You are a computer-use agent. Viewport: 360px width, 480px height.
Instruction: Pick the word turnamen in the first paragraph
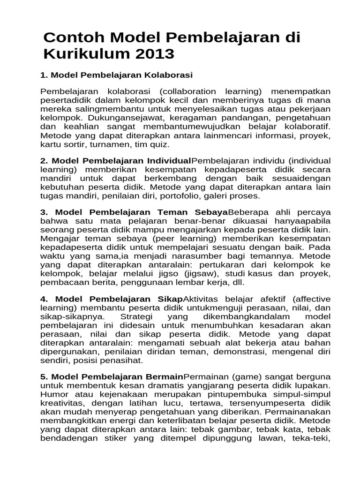[x=106, y=145]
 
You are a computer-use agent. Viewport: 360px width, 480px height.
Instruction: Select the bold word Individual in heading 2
[x=170, y=161]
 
